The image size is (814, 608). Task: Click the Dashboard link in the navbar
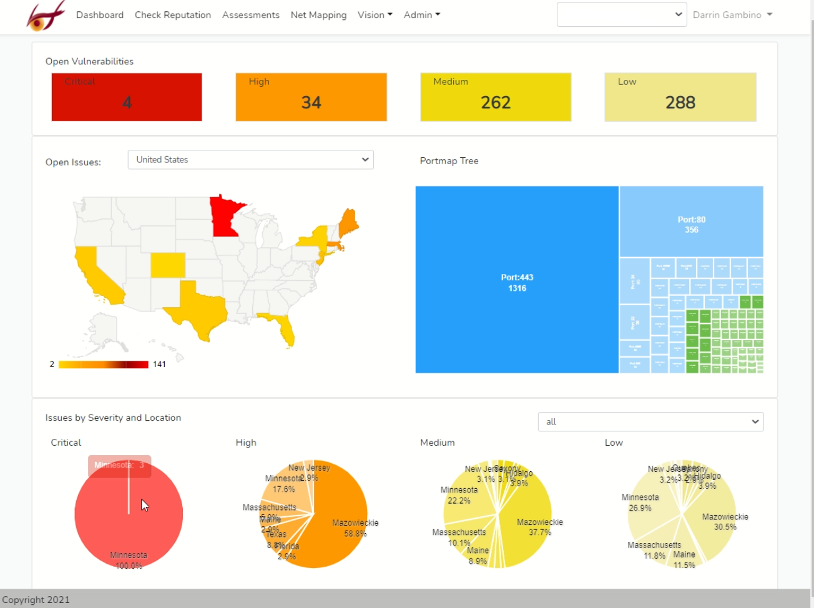[100, 15]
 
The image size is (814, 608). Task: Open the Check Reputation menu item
[173, 15]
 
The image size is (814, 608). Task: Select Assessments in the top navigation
[251, 15]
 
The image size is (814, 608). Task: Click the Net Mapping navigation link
[318, 15]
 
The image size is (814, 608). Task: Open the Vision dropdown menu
[375, 15]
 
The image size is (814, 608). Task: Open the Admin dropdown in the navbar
[421, 15]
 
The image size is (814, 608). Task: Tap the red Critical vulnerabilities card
[127, 97]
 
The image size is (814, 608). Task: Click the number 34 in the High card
[311, 102]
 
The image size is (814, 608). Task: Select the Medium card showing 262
[496, 97]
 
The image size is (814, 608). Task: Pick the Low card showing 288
[680, 97]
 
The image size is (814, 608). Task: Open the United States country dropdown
[250, 160]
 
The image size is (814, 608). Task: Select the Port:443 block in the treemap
[517, 280]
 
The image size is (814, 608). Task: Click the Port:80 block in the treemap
[691, 222]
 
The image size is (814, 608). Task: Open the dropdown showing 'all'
[650, 422]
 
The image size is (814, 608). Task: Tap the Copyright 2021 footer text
[36, 600]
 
